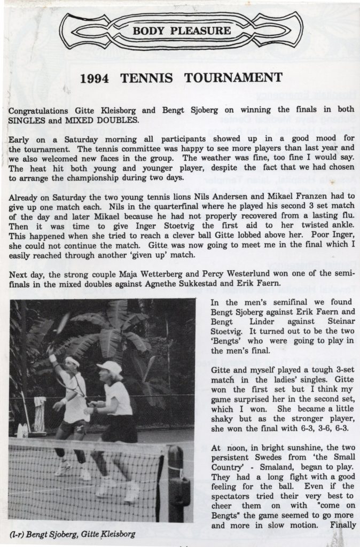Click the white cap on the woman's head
[109, 369]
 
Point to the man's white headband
[72, 362]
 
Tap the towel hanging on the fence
[39, 413]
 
